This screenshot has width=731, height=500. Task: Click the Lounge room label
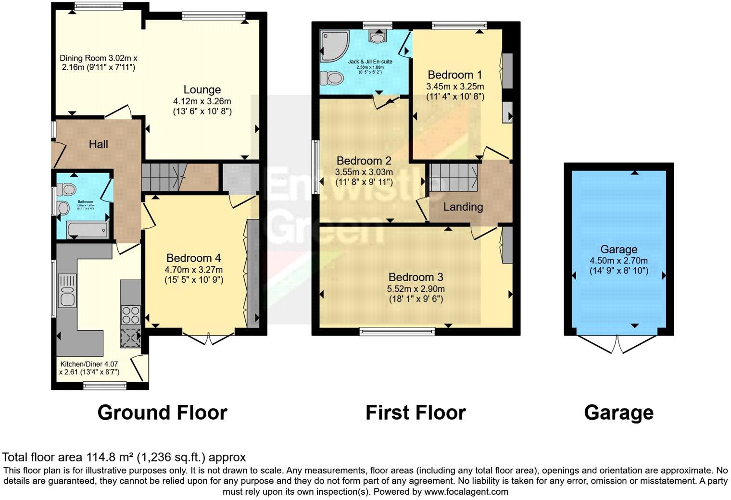pos(202,90)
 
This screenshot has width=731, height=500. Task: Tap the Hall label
pos(98,144)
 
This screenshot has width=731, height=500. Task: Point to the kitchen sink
pos(66,290)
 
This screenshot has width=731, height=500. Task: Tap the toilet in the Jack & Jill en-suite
pos(331,77)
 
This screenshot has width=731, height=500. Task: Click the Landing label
pos(463,207)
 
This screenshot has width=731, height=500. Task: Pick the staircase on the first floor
pos(453,177)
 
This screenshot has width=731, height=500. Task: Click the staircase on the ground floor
pos(164,176)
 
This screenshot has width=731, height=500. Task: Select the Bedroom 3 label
pos(416,277)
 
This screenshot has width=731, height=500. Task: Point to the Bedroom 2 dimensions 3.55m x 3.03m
pos(364,172)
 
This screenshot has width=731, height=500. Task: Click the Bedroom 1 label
pos(454,75)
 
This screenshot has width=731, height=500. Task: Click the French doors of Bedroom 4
pos(209,337)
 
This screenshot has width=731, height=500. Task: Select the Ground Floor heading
pos(162,413)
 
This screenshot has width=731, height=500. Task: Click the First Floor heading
pos(416,413)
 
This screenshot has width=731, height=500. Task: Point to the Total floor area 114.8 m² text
pos(124,457)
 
